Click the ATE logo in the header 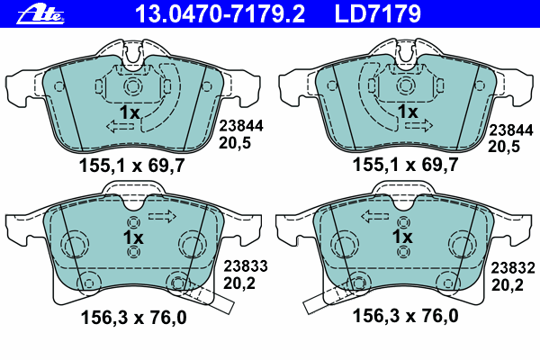(40, 15)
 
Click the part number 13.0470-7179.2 (220, 13)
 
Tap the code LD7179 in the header (377, 13)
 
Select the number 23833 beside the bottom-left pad (246, 266)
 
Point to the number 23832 (513, 268)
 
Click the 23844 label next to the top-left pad (241, 126)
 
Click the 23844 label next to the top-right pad (511, 130)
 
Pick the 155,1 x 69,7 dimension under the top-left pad (132, 166)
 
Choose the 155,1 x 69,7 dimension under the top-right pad (405, 165)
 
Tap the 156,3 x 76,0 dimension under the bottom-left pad (133, 317)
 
